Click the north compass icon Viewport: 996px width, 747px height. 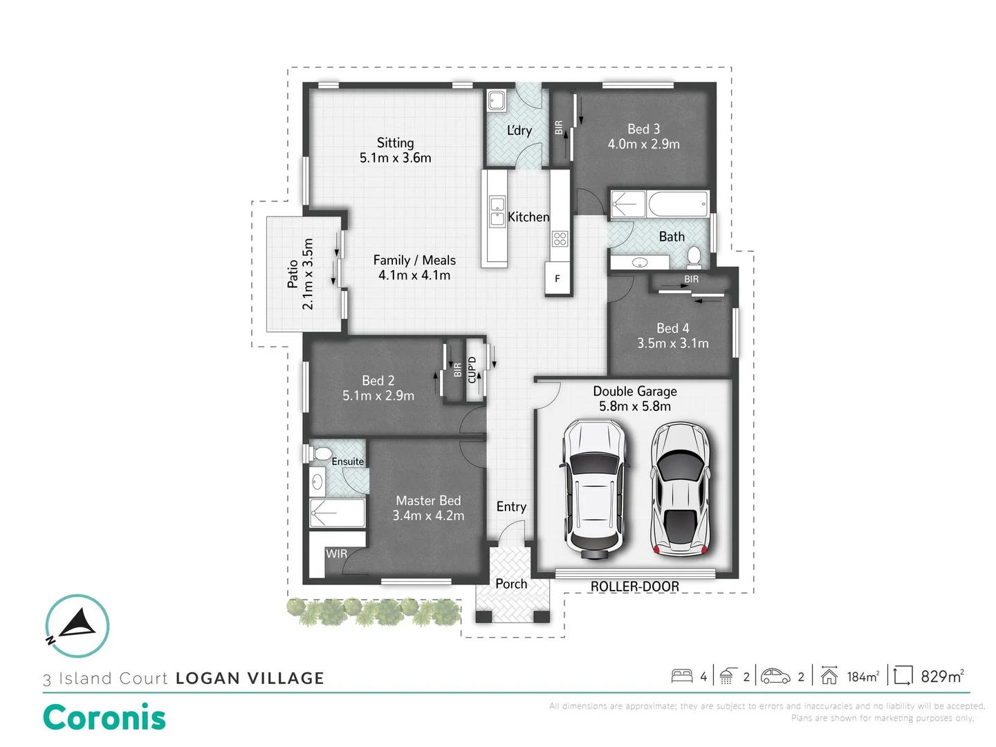coord(77,625)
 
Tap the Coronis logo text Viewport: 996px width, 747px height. coord(104,717)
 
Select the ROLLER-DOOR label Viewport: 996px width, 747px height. coord(634,587)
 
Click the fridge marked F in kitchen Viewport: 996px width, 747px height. coord(557,279)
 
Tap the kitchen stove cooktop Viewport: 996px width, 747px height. coord(560,239)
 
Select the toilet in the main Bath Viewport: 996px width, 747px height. coord(694,258)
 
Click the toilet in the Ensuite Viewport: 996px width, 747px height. coord(321,454)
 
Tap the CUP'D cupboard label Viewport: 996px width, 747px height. coord(472,370)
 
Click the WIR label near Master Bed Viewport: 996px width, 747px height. coord(336,554)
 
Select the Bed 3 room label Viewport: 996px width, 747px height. coord(643,129)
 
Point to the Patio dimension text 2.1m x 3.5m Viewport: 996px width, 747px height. coord(308,274)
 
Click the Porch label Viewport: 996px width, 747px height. coord(511,584)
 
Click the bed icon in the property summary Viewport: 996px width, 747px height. coord(682,676)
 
